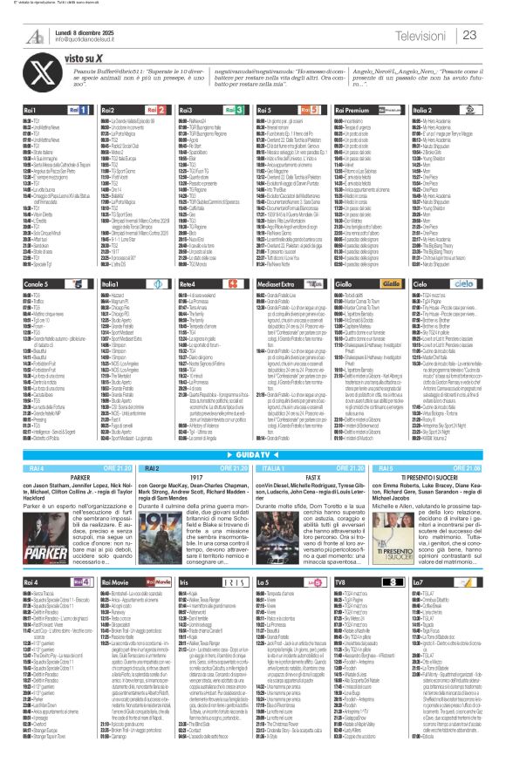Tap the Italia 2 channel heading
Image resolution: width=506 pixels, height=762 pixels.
tap(423, 111)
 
